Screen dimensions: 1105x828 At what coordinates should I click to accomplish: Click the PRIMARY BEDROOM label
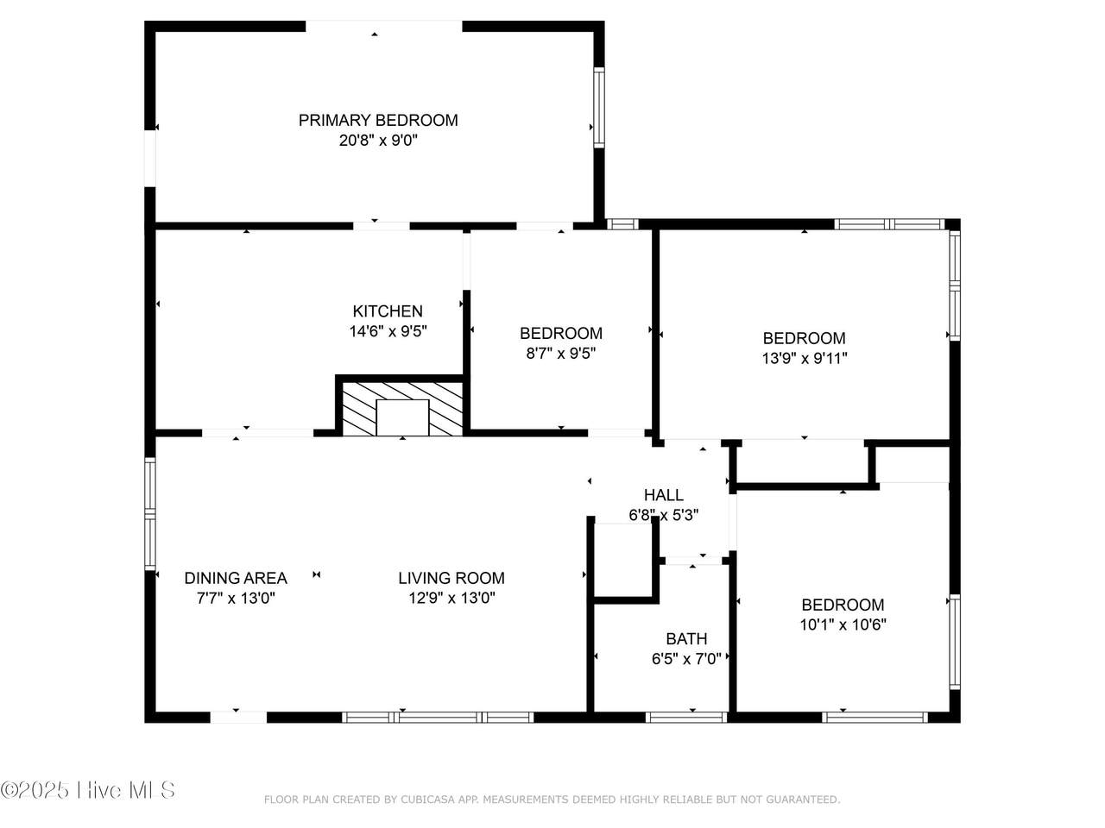point(378,120)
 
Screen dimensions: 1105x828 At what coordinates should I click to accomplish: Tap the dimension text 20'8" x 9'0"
point(379,141)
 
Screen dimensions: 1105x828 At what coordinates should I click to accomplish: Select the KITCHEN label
point(388,311)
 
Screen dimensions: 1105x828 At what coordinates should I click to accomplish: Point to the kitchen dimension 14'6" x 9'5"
point(388,331)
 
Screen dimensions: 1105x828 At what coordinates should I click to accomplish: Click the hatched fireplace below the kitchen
point(402,408)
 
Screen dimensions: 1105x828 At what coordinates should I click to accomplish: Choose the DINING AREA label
point(236,578)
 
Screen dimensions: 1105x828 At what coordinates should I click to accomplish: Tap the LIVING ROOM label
point(451,578)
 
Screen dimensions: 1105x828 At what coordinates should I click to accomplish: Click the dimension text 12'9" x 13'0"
point(452,599)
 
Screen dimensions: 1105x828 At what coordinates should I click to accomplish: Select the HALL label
point(664,495)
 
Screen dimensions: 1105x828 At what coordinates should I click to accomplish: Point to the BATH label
point(686,639)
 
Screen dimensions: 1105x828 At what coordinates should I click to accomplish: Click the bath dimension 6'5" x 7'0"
point(686,659)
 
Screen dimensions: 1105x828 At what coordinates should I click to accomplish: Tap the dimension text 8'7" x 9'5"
point(561,354)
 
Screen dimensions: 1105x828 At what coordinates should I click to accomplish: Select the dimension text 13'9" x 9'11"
point(805,359)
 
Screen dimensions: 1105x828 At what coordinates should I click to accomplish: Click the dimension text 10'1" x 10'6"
point(843,625)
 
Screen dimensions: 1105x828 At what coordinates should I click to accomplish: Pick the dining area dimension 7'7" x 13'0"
point(236,599)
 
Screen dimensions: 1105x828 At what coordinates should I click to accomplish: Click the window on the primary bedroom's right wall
point(599,108)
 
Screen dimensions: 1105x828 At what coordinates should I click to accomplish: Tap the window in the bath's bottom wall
point(686,718)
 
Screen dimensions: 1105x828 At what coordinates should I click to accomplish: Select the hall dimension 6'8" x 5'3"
point(664,515)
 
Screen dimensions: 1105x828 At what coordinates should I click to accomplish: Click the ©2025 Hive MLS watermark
point(87,790)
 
